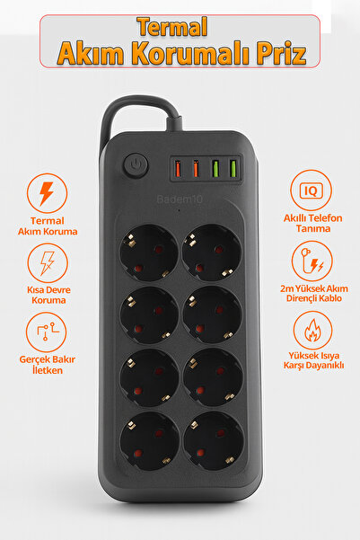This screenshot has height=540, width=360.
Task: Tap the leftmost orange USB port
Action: (178, 167)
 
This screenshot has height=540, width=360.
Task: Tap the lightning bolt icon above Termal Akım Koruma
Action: (47, 193)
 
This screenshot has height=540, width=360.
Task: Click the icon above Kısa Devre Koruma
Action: (47, 264)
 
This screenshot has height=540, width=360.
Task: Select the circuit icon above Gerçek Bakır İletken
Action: (47, 335)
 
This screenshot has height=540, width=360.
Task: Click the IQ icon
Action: (312, 191)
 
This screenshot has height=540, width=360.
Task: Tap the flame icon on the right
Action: (312, 330)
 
